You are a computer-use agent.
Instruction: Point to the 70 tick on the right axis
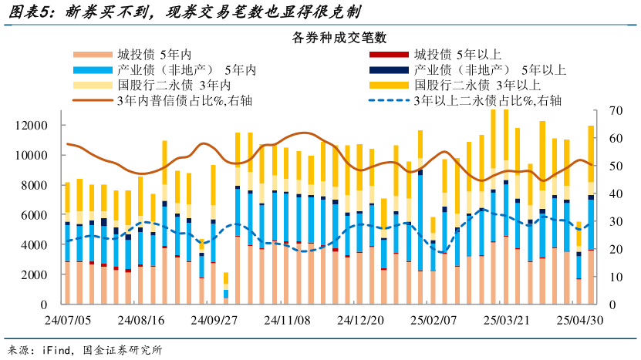[615, 110]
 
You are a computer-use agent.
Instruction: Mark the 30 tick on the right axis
[615, 222]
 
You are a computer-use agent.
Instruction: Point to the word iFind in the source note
[53, 350]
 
